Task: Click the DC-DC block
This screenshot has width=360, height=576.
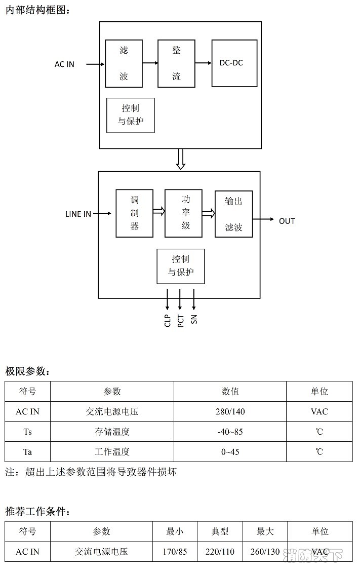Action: point(234,63)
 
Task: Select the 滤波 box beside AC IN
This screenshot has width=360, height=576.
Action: point(124,63)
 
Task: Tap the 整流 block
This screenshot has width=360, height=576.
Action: point(176,63)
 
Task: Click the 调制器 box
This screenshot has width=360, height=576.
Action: point(134,213)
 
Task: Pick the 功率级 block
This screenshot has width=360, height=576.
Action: point(183,213)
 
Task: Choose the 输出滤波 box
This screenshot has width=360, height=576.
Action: point(233,214)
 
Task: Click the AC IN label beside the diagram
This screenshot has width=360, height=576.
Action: point(64,64)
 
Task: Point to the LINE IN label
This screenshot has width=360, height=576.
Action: point(78,214)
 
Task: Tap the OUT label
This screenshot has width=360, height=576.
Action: point(287,221)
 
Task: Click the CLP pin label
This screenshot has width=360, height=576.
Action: point(168,321)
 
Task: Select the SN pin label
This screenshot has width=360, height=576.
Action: point(194,319)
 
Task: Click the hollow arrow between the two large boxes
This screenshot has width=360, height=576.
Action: point(180,159)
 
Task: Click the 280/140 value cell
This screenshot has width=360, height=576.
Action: point(230,411)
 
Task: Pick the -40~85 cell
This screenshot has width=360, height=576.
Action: point(230,432)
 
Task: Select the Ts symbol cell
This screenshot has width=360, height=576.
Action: point(27,432)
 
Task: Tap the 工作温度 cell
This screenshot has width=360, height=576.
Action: point(112,451)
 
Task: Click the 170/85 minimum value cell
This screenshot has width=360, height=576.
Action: point(175,551)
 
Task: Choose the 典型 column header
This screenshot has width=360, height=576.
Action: point(220,531)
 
